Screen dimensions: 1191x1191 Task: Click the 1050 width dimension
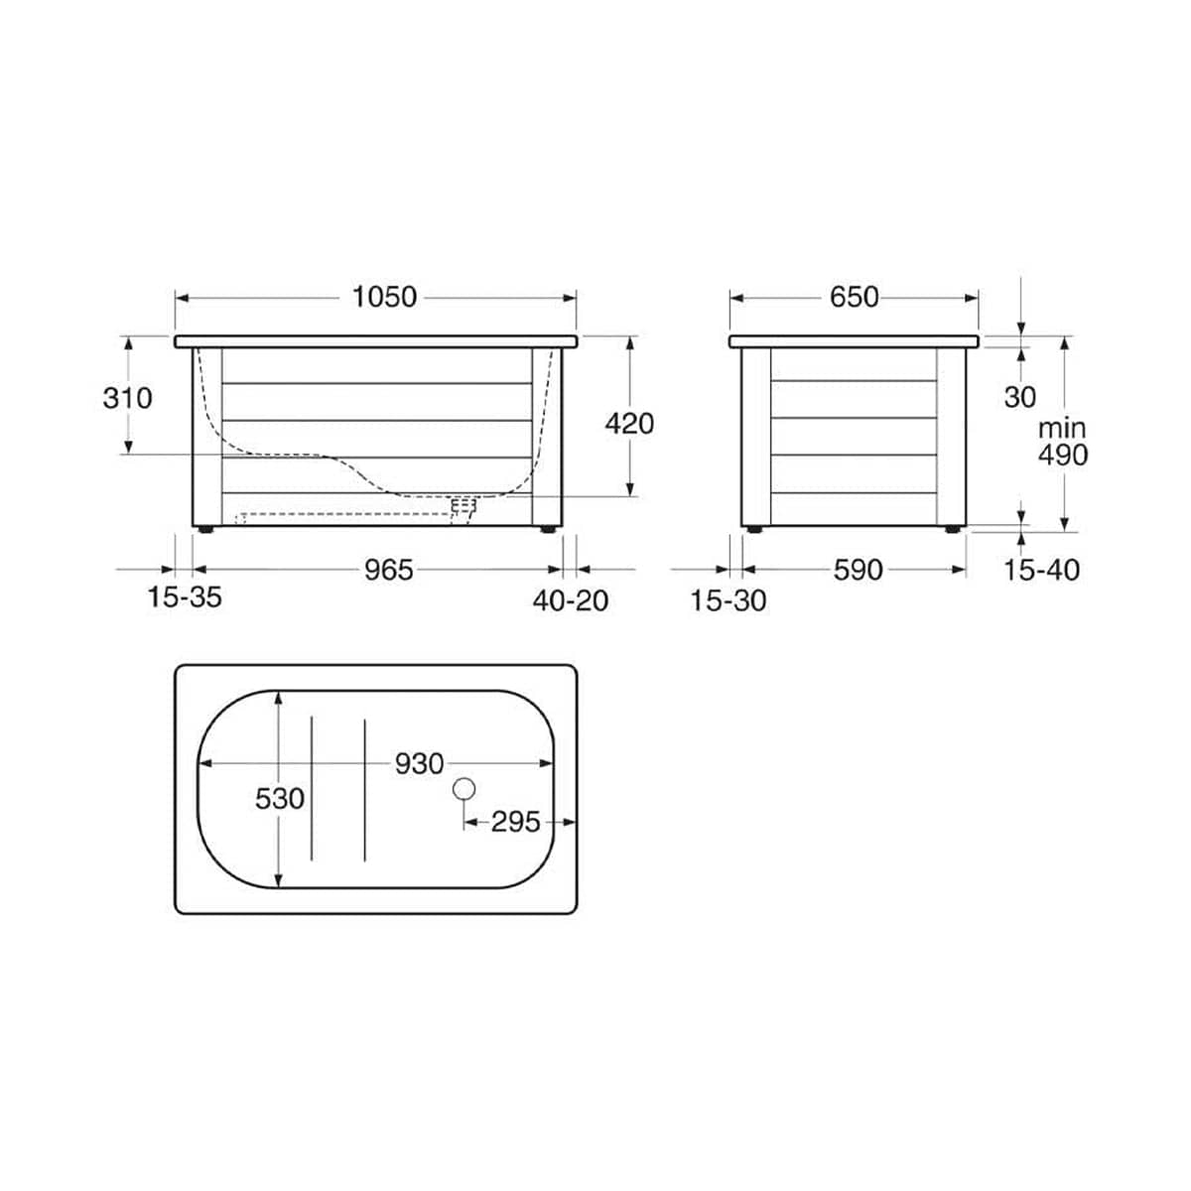click(384, 298)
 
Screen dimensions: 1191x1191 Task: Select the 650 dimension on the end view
click(854, 298)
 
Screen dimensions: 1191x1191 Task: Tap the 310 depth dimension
click(127, 398)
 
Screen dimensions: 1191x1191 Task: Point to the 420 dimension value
click(629, 424)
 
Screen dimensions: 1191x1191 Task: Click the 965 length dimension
click(388, 570)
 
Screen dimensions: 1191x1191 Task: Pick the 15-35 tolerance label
click(185, 597)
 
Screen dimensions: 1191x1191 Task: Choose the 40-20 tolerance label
click(571, 600)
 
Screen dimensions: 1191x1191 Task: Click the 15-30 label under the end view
click(728, 600)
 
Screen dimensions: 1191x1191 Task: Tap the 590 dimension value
click(858, 570)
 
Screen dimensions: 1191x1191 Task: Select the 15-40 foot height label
click(1041, 570)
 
